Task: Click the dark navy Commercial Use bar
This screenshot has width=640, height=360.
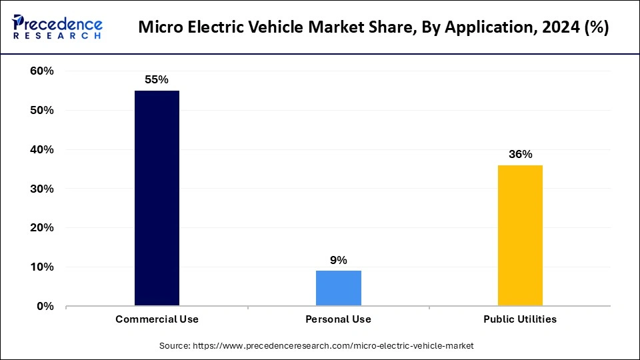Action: click(157, 198)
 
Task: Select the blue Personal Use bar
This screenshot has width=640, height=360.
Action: click(339, 288)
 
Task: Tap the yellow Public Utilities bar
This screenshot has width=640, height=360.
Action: click(520, 235)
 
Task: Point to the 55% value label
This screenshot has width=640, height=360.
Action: click(157, 79)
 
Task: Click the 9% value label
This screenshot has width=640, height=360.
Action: click(339, 260)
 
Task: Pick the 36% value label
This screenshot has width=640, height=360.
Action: click(520, 154)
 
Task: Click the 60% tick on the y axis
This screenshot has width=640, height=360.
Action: click(42, 71)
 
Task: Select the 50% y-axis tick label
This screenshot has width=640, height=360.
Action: click(42, 111)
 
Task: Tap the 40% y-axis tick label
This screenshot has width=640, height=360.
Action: click(42, 150)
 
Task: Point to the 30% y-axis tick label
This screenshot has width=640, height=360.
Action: click(42, 189)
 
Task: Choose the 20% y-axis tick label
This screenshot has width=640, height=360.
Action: click(42, 228)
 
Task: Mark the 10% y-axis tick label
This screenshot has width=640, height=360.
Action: click(42, 267)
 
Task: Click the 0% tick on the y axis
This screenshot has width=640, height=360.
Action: click(45, 307)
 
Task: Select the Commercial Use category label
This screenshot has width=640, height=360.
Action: click(157, 319)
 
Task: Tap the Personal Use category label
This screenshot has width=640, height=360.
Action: click(339, 319)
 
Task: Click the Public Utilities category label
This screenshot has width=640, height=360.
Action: click(520, 319)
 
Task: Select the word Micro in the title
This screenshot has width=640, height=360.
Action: click(158, 29)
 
